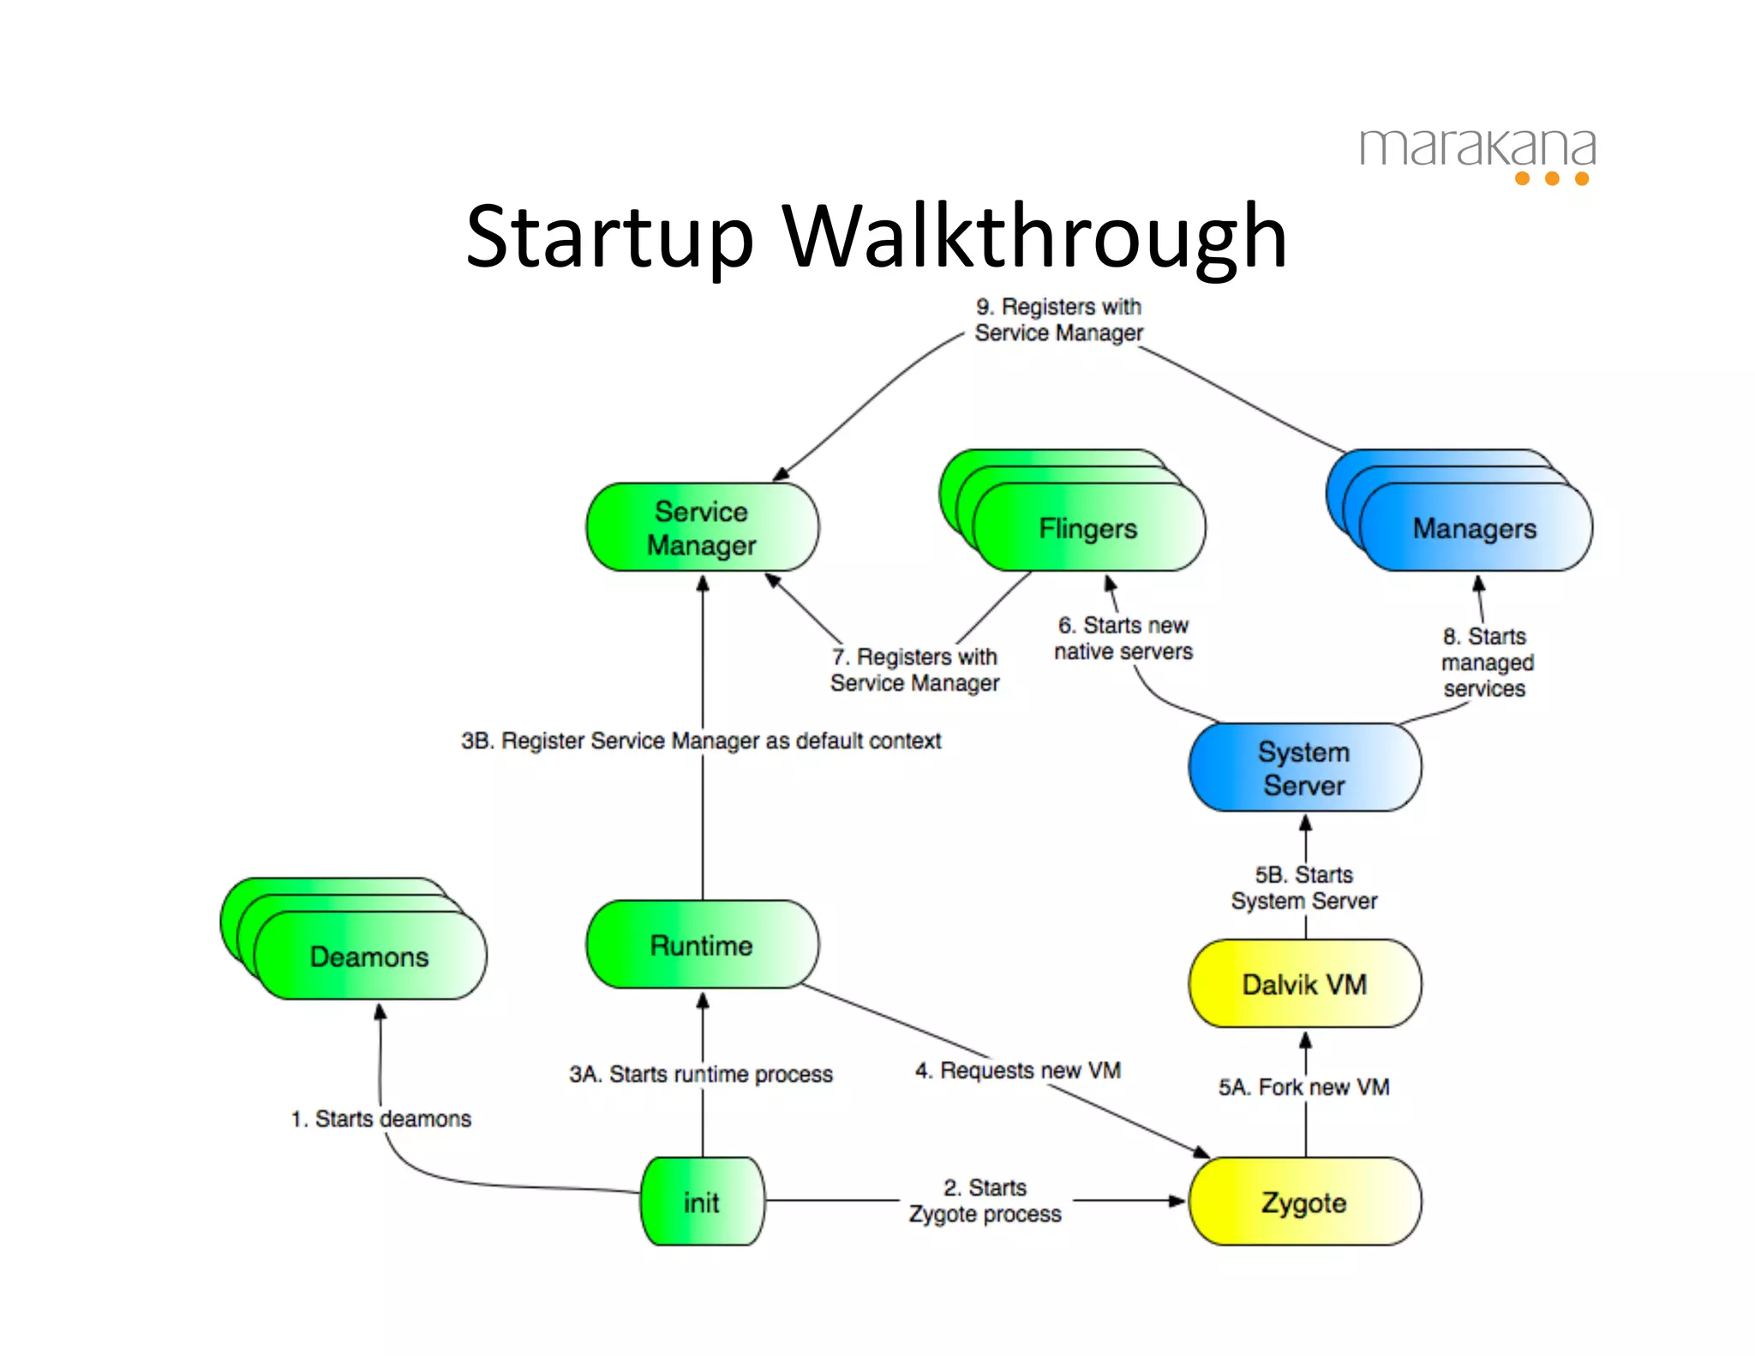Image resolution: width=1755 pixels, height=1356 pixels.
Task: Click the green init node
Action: tap(702, 1202)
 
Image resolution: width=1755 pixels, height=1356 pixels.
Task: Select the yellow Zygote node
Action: tap(1304, 1202)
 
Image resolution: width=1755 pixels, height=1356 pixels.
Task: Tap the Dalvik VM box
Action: tap(1304, 984)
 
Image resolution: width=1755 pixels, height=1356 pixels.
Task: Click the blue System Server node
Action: tap(1304, 768)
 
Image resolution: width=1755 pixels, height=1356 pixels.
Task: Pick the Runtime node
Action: tap(702, 945)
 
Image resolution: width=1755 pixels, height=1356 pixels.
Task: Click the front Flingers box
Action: tap(1088, 528)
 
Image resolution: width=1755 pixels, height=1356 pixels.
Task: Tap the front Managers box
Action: tap(1475, 528)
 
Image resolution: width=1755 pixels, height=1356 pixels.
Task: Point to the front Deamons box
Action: tap(370, 957)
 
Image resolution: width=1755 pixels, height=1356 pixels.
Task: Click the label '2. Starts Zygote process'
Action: tap(985, 1201)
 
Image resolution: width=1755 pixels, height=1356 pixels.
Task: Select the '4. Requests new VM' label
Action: tap(1018, 1071)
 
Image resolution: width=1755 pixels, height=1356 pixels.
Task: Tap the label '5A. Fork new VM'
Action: tap(1304, 1087)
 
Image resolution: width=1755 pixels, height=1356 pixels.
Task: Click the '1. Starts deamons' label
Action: tap(381, 1119)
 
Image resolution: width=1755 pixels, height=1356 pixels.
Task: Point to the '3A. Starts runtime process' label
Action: tap(701, 1074)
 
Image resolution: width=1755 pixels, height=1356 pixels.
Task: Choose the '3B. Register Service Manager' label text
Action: tap(701, 741)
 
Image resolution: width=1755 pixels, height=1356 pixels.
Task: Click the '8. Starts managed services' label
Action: tap(1487, 663)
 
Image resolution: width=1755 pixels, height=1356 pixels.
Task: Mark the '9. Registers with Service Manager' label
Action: tap(1059, 320)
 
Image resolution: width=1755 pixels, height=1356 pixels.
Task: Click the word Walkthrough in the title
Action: tap(1034, 236)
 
